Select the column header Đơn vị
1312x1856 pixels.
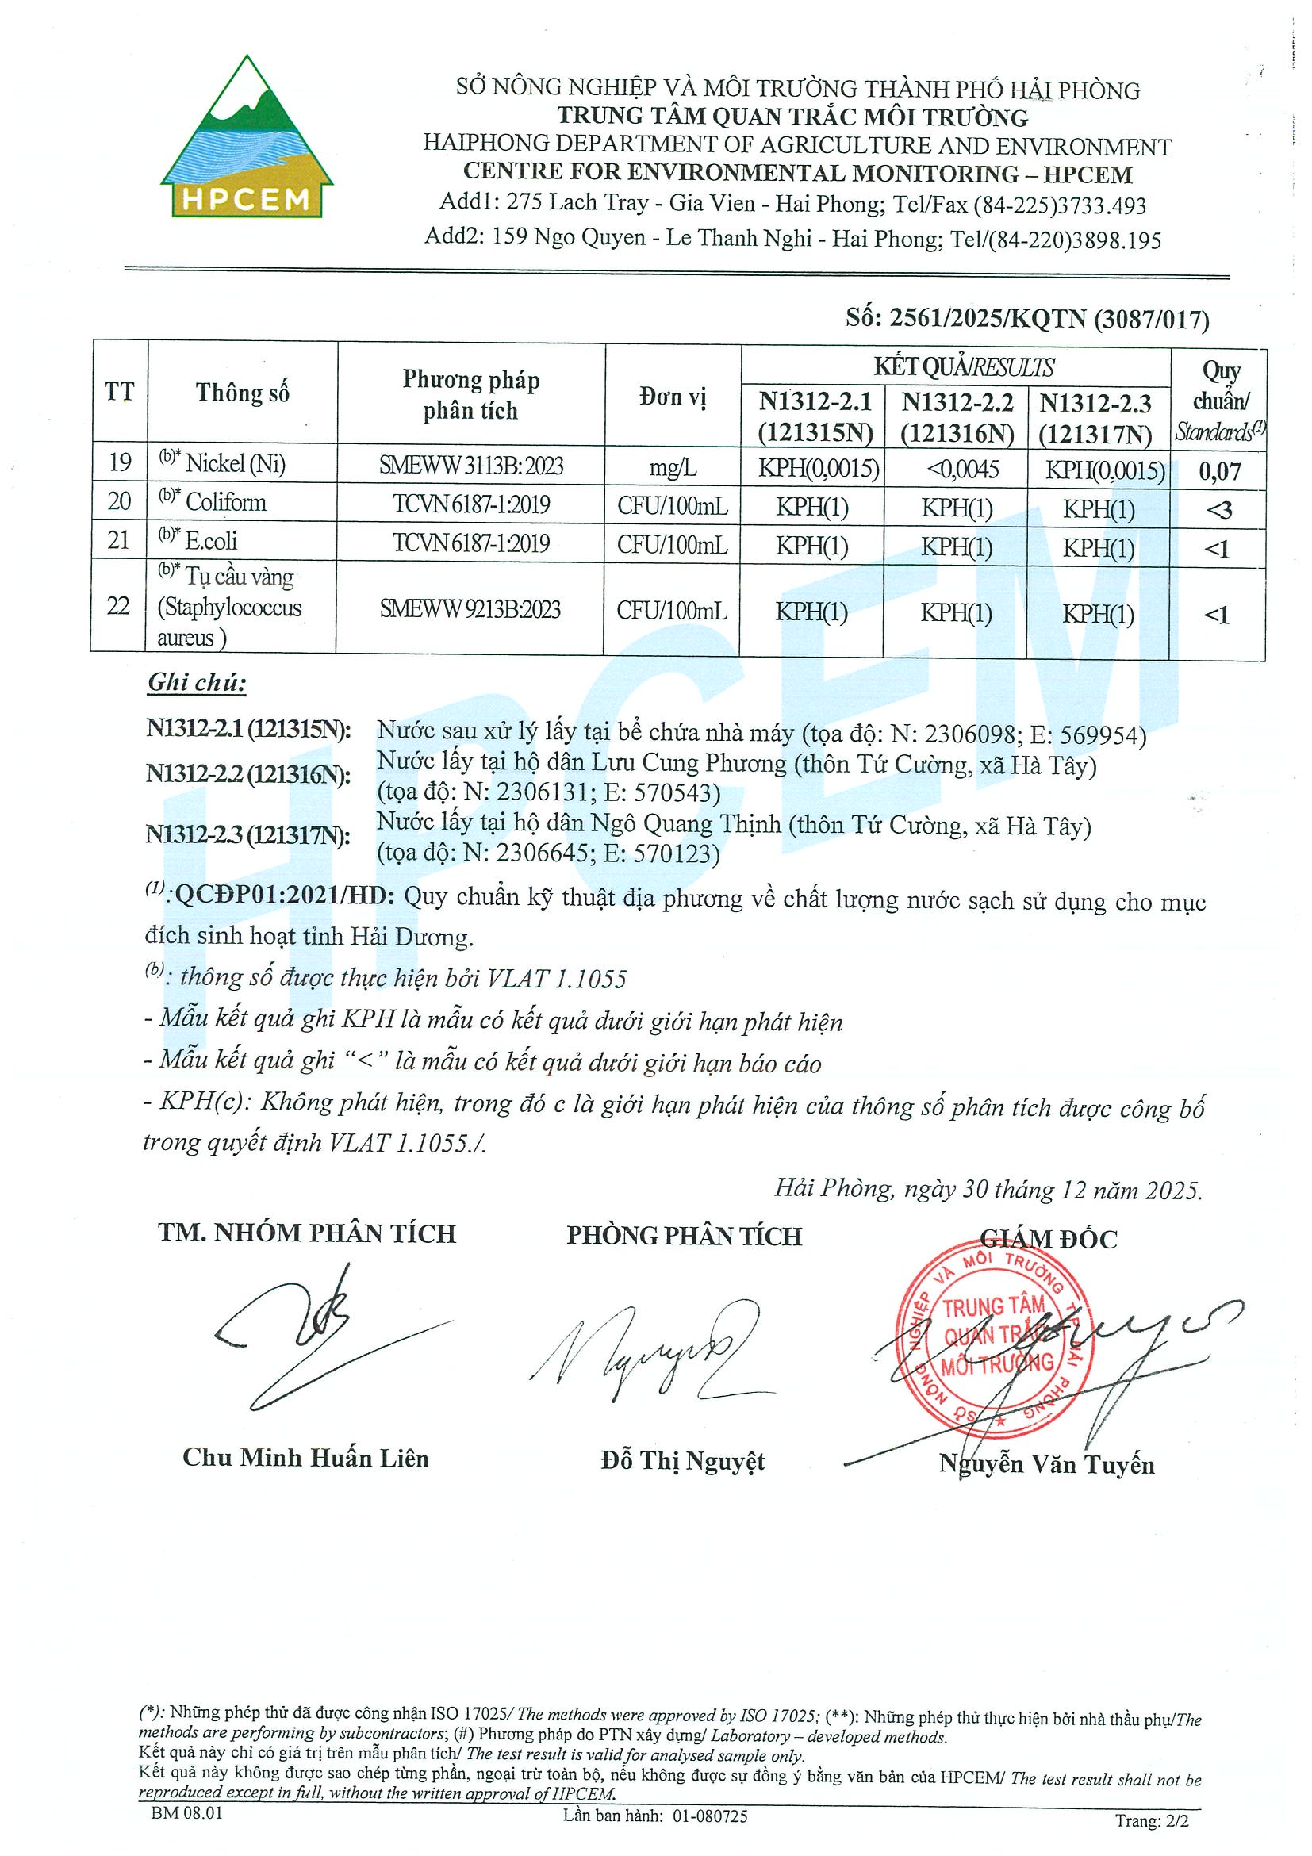point(673,396)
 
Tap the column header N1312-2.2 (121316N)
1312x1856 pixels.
point(957,418)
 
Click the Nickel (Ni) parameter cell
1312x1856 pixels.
point(235,463)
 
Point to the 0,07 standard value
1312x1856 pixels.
point(1219,471)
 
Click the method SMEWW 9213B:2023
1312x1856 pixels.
point(470,608)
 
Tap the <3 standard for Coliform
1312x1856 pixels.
point(1218,510)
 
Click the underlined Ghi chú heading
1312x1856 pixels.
point(197,683)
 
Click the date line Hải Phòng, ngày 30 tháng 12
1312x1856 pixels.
point(988,1190)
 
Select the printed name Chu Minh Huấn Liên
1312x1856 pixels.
point(305,1458)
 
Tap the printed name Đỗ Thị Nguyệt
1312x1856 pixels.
point(682,1461)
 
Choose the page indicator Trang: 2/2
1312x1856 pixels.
point(1152,1820)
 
